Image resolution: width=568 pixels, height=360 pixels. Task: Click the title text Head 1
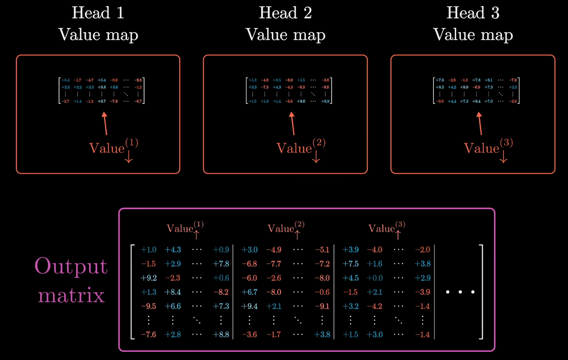click(x=98, y=13)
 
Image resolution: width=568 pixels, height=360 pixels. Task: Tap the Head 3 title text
click(x=473, y=13)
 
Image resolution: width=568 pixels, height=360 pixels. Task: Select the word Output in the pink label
click(x=71, y=266)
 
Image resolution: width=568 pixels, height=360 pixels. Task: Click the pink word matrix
click(x=71, y=295)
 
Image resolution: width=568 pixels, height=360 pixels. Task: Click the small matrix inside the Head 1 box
click(x=102, y=91)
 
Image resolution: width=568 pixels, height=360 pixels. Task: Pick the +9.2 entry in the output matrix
click(x=149, y=278)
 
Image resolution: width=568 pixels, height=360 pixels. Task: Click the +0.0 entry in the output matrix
click(x=375, y=278)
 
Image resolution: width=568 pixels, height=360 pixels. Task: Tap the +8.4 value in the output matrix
click(x=173, y=292)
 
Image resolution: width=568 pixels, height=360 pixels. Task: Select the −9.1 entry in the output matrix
click(x=322, y=306)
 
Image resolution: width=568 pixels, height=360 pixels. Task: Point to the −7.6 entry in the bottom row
click(x=149, y=334)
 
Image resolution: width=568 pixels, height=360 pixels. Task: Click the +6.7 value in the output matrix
click(x=249, y=292)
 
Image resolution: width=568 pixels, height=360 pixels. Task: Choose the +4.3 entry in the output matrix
click(x=173, y=250)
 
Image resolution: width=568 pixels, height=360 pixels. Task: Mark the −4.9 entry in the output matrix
click(x=274, y=250)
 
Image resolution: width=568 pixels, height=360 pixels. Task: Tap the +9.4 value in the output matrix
click(x=249, y=306)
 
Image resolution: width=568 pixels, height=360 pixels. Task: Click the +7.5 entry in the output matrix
click(x=350, y=264)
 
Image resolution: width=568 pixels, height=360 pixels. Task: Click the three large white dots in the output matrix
click(x=460, y=292)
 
